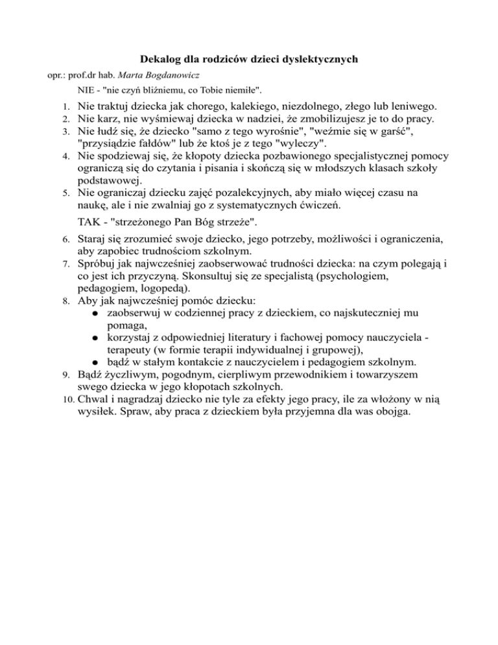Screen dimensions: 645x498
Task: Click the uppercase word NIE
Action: [85, 89]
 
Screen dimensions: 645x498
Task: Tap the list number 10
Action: [63, 400]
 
